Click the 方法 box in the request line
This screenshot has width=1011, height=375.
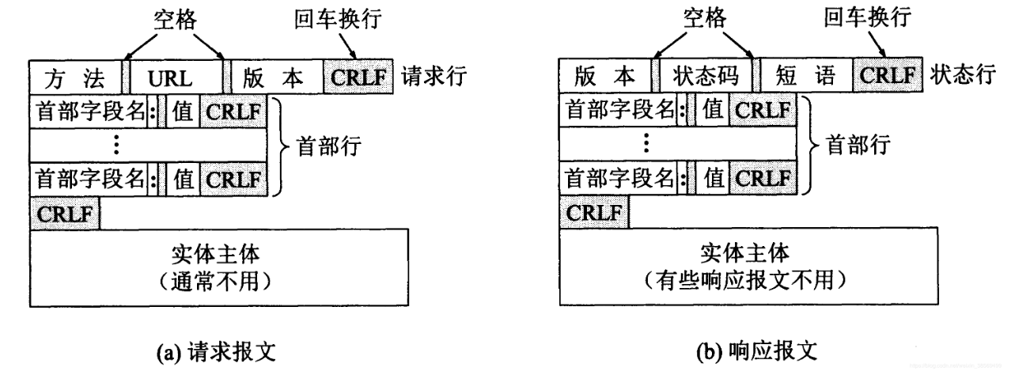(x=76, y=77)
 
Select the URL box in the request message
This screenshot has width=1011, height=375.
(x=175, y=77)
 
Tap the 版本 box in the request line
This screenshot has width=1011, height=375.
(x=275, y=77)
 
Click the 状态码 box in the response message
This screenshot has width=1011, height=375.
(x=706, y=77)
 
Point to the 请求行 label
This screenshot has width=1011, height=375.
(x=434, y=76)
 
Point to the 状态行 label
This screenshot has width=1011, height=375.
(x=963, y=76)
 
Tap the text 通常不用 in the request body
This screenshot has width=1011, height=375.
(x=220, y=281)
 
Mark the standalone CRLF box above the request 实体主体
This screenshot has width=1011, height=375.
(x=65, y=214)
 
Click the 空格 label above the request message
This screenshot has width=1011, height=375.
(x=174, y=18)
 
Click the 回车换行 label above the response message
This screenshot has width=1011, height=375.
(x=877, y=18)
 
